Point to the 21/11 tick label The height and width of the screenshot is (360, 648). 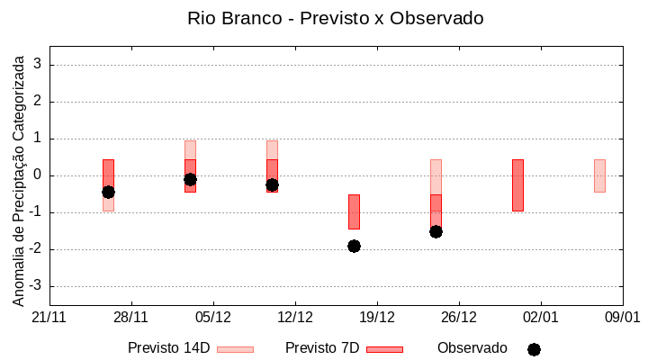point(49,318)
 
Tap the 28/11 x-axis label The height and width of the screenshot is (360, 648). point(130,318)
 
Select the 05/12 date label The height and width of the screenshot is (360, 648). point(212,318)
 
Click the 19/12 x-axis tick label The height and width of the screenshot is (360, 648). point(376,318)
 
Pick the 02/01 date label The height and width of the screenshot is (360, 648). point(540,318)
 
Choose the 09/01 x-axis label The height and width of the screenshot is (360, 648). point(622,318)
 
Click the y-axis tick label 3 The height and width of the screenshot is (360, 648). point(38,65)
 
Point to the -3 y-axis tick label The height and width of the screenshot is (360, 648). point(35,286)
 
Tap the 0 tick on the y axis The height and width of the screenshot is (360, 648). point(38,175)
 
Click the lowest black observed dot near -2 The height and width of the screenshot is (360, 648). point(354,246)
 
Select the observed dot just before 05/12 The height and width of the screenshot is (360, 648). point(190,179)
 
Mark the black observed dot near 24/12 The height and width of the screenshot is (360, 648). point(436,231)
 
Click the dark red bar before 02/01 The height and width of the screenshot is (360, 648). point(517,184)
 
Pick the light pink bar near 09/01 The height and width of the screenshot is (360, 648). point(599,175)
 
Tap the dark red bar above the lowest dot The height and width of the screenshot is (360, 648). point(354,211)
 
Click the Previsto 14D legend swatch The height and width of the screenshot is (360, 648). point(235,349)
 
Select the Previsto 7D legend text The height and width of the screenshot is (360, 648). point(322,348)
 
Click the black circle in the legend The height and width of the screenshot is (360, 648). point(534,349)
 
